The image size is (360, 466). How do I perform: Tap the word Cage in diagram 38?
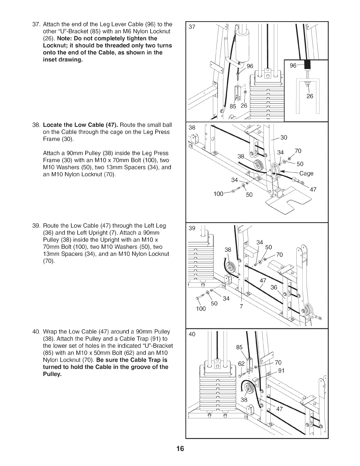click(306, 173)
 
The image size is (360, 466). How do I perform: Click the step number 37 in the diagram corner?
click(192, 27)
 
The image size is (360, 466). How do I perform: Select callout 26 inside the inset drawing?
click(310, 96)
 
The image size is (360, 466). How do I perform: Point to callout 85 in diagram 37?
click(233, 106)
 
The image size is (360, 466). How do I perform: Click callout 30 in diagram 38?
click(284, 137)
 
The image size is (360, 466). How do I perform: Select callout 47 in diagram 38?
click(313, 189)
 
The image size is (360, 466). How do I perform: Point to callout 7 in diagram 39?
click(241, 306)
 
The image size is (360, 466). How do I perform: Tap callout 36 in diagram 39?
click(274, 287)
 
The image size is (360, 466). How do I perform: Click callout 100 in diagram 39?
click(201, 309)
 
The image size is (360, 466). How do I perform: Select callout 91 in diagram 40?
click(281, 371)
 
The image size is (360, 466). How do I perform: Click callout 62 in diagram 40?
click(241, 364)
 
